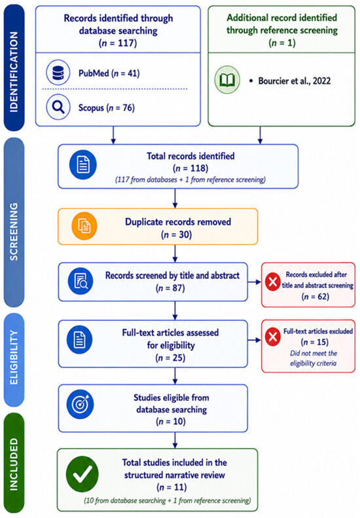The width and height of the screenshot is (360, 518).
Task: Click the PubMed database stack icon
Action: click(58, 73)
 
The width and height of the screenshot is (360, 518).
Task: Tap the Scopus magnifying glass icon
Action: click(58, 107)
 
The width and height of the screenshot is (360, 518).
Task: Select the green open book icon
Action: click(227, 80)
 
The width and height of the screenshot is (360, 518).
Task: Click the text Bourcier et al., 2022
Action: click(295, 81)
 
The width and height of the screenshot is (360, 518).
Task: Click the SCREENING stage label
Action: click(14, 222)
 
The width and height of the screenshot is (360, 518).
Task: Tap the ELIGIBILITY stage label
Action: click(14, 357)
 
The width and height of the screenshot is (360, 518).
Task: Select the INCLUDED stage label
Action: click(14, 464)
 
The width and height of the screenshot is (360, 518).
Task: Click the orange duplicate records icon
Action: click(84, 226)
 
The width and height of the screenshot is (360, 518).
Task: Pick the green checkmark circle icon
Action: click(82, 474)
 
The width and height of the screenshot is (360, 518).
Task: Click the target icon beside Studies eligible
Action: click(80, 404)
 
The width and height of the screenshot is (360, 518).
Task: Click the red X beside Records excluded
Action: click(273, 282)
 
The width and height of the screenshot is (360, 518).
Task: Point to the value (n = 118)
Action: click(190, 168)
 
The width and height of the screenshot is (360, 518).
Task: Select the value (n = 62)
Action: click(315, 297)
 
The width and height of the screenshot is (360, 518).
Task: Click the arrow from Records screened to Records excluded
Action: click(255, 282)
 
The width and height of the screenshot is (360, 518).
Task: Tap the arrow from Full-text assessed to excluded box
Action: click(255, 340)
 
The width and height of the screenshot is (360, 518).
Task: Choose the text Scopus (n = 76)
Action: click(106, 107)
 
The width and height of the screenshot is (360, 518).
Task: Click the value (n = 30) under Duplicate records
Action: click(176, 234)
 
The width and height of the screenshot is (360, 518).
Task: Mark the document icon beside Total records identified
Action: click(83, 164)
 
